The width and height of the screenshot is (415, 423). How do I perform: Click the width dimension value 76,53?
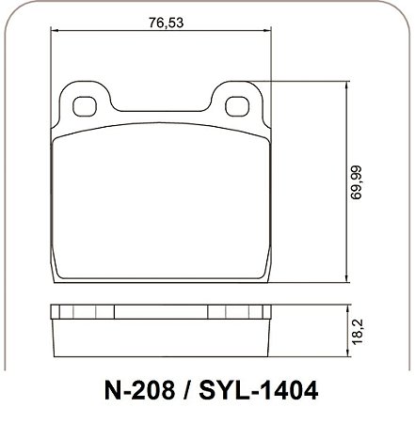pos(166,23)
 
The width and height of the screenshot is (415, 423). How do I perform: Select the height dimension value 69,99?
pos(357,182)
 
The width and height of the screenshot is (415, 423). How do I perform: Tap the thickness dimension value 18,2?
pos(357,332)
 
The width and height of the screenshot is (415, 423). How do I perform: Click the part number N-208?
pos(139,391)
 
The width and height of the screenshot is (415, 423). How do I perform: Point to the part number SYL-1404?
pos(259,391)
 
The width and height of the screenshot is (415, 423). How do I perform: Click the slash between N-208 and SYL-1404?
pos(187,391)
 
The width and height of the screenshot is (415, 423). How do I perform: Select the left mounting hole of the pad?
pos(85,106)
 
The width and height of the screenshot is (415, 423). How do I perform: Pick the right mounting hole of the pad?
pos(237,106)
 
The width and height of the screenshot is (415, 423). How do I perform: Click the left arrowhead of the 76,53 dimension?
pos(55,30)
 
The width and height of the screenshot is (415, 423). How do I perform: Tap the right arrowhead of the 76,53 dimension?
pos(266,30)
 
